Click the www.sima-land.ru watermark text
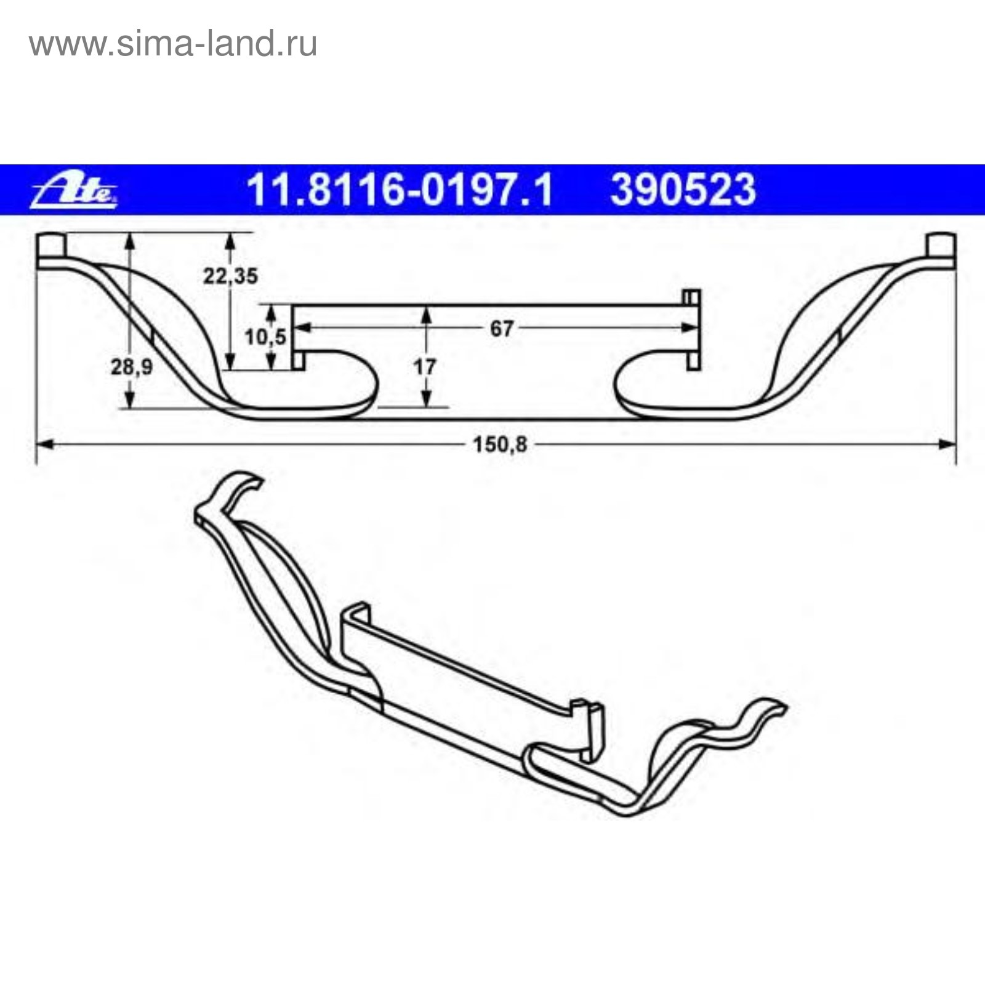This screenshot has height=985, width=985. tap(173, 44)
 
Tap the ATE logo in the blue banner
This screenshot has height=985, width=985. tap(74, 190)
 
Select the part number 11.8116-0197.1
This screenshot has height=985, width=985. tap(400, 190)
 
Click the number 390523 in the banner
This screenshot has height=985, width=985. tap(683, 190)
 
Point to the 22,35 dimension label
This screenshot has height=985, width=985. tap(230, 276)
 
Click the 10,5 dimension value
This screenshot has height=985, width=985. tap(265, 337)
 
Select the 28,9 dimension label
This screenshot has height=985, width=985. tap(132, 368)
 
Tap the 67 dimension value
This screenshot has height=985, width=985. tap(501, 329)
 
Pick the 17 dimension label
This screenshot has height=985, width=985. tap(425, 368)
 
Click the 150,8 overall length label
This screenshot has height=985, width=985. tap(500, 444)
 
